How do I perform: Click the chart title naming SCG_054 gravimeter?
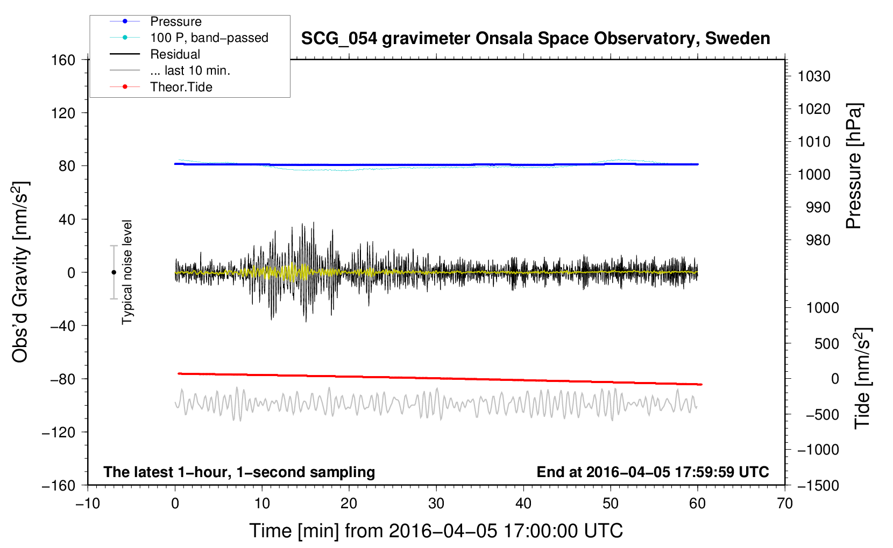pyautogui.click(x=535, y=39)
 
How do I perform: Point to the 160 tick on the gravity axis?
pyautogui.click(x=63, y=60)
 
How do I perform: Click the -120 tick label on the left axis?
pyautogui.click(x=59, y=432)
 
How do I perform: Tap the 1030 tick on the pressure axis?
pyautogui.click(x=814, y=76)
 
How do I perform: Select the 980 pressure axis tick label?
pyautogui.click(x=818, y=240)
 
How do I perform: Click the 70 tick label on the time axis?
pyautogui.click(x=784, y=504)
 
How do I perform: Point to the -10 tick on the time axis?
pyautogui.click(x=88, y=504)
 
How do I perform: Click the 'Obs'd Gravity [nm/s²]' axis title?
pyautogui.click(x=20, y=272)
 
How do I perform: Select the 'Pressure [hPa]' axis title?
pyautogui.click(x=854, y=166)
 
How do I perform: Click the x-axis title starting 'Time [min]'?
pyautogui.click(x=436, y=531)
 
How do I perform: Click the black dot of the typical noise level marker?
pyautogui.click(x=114, y=272)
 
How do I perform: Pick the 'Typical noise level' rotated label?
pyautogui.click(x=127, y=272)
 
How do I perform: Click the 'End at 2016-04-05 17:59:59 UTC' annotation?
pyautogui.click(x=653, y=472)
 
